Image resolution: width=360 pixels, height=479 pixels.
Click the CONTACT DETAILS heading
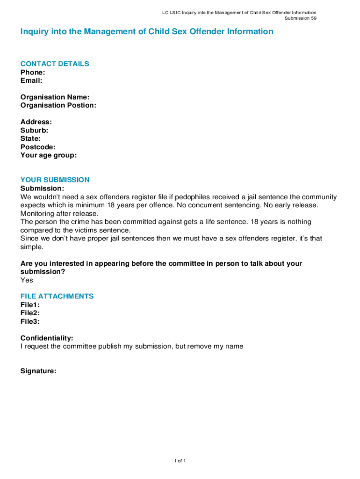[55, 64]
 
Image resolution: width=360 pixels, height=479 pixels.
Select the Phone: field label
[33, 72]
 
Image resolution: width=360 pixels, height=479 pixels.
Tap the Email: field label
[31, 80]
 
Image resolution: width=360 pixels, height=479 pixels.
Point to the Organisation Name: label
[55, 97]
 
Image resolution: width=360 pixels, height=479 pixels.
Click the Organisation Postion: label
[58, 105]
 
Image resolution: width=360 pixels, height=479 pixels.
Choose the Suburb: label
[34, 131]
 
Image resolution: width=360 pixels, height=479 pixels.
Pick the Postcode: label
[38, 147]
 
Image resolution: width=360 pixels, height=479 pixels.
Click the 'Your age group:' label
[49, 155]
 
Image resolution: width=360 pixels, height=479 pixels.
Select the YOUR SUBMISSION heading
[55, 180]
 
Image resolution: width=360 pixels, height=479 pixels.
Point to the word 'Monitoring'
[38, 213]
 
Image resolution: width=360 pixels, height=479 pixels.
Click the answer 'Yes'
[27, 280]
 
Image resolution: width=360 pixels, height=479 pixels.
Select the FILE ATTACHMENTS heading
[57, 296]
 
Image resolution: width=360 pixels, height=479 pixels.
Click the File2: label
[30, 313]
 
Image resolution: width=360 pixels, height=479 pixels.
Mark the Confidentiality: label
[47, 338]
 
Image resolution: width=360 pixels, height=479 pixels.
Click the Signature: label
[38, 371]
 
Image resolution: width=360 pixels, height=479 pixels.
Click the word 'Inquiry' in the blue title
[34, 32]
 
